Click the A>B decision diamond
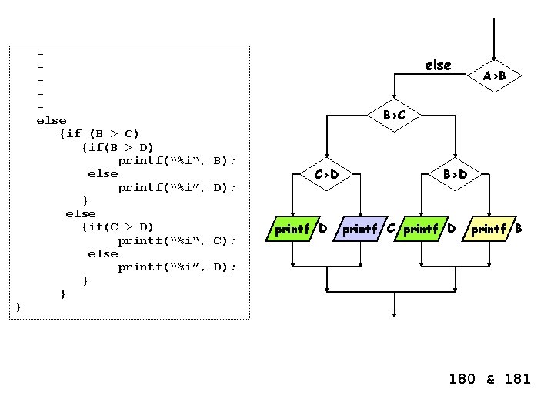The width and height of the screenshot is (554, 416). pos(494,75)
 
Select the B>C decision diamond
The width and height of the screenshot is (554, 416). pos(395,116)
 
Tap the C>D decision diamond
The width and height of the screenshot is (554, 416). pos(327,175)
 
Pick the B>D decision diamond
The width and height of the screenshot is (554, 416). pos(455,175)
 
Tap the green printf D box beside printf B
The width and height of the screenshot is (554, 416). pos(431,228)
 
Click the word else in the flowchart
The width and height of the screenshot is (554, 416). pos(438,65)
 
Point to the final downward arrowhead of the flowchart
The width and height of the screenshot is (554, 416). pos(394,314)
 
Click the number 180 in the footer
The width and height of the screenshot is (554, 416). pos(463,379)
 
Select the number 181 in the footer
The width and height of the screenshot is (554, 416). pos(517,379)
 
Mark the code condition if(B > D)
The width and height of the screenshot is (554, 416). pos(122,147)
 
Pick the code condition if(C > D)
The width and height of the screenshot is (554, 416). pos(122,226)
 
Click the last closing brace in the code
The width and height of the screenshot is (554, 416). pos(18,307)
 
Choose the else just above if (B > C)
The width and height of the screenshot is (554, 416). pos(52,121)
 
